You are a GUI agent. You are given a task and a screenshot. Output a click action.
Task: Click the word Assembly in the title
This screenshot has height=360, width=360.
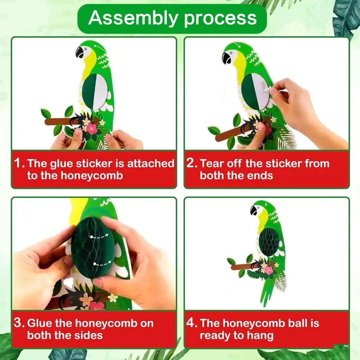click(x=133, y=18)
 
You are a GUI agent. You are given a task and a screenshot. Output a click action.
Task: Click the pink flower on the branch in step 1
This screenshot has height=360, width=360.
click(x=92, y=129)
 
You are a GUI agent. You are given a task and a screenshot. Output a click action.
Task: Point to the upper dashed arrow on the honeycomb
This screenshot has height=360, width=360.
click(x=99, y=236)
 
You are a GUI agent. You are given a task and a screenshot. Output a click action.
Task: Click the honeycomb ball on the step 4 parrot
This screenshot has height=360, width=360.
click(x=269, y=242)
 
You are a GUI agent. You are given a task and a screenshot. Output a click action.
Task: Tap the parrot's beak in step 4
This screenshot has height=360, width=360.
click(x=253, y=210)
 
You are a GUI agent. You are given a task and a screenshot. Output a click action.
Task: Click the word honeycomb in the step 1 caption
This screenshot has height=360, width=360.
click(x=92, y=176)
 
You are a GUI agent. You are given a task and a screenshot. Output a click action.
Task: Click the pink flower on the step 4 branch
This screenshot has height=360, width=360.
click(x=269, y=270)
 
